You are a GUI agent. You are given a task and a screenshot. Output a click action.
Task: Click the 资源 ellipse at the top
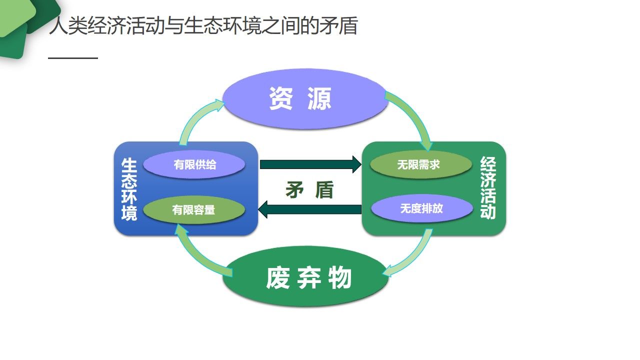pyautogui.click(x=304, y=99)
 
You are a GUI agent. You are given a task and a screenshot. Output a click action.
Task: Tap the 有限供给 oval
pyautogui.click(x=194, y=164)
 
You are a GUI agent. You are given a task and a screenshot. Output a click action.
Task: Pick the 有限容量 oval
pyautogui.click(x=194, y=210)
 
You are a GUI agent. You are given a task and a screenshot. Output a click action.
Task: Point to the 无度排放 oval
pyautogui.click(x=421, y=208)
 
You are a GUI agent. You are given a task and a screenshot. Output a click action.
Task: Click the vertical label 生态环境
pyautogui.click(x=129, y=189)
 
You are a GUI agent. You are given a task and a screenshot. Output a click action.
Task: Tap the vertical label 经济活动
pyautogui.click(x=487, y=187)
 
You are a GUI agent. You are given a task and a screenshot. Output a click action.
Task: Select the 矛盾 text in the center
pyautogui.click(x=309, y=189)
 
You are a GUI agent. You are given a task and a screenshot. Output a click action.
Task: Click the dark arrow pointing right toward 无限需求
pyautogui.click(x=310, y=164)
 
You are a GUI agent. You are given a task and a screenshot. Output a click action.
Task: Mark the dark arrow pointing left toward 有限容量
pyautogui.click(x=310, y=209)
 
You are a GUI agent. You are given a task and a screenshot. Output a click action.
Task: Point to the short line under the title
pyautogui.click(x=73, y=58)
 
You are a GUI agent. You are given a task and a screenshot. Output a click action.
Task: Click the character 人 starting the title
pyautogui.click(x=58, y=26)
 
